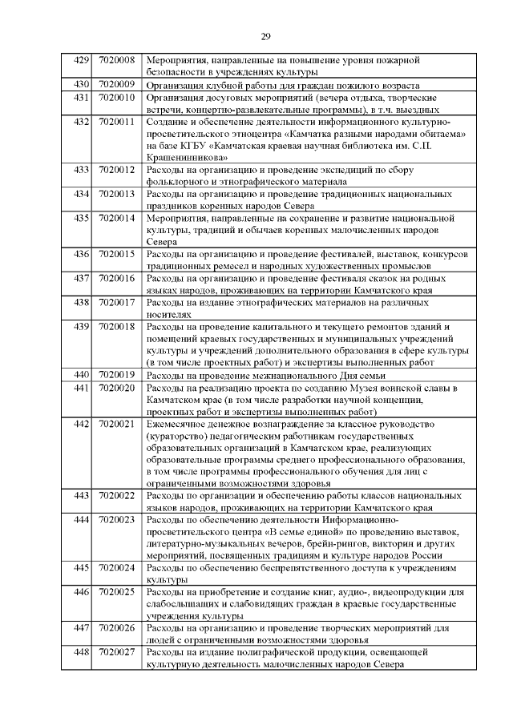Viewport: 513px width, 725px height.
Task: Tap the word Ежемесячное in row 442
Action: tap(182, 424)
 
